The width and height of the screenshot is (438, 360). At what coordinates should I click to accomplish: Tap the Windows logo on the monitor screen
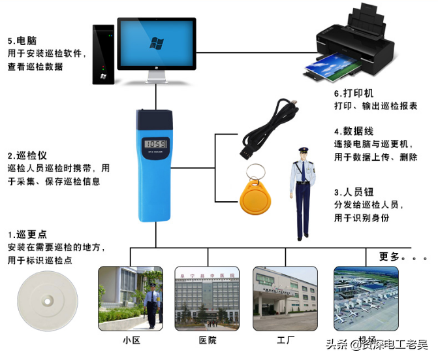click(157, 44)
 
